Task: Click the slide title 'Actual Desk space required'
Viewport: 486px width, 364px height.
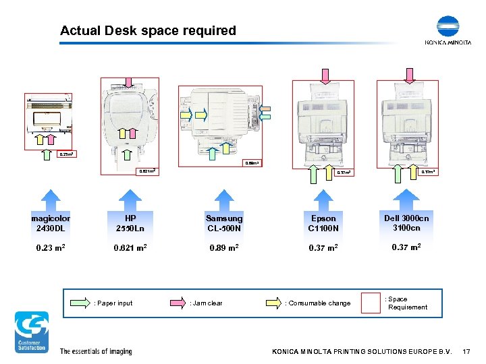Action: coord(148,30)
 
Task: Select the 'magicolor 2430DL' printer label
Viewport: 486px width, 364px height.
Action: coord(51,223)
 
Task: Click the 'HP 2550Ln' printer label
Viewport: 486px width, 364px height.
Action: coord(130,223)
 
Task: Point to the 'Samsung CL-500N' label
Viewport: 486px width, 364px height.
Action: coord(224,223)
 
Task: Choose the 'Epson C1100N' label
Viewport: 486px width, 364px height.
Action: coord(323,223)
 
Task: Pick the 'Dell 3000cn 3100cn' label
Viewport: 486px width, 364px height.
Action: coord(406,223)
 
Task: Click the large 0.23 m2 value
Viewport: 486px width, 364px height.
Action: coord(51,248)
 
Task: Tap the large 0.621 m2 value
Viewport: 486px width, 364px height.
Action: coord(130,248)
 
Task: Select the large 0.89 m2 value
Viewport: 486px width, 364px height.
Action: coord(224,248)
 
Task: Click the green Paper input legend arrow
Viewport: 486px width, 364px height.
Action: coord(78,303)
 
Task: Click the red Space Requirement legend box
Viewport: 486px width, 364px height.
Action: coord(371,303)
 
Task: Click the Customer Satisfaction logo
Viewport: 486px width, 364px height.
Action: coord(32,332)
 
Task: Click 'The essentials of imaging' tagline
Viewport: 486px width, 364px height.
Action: coord(96,351)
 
